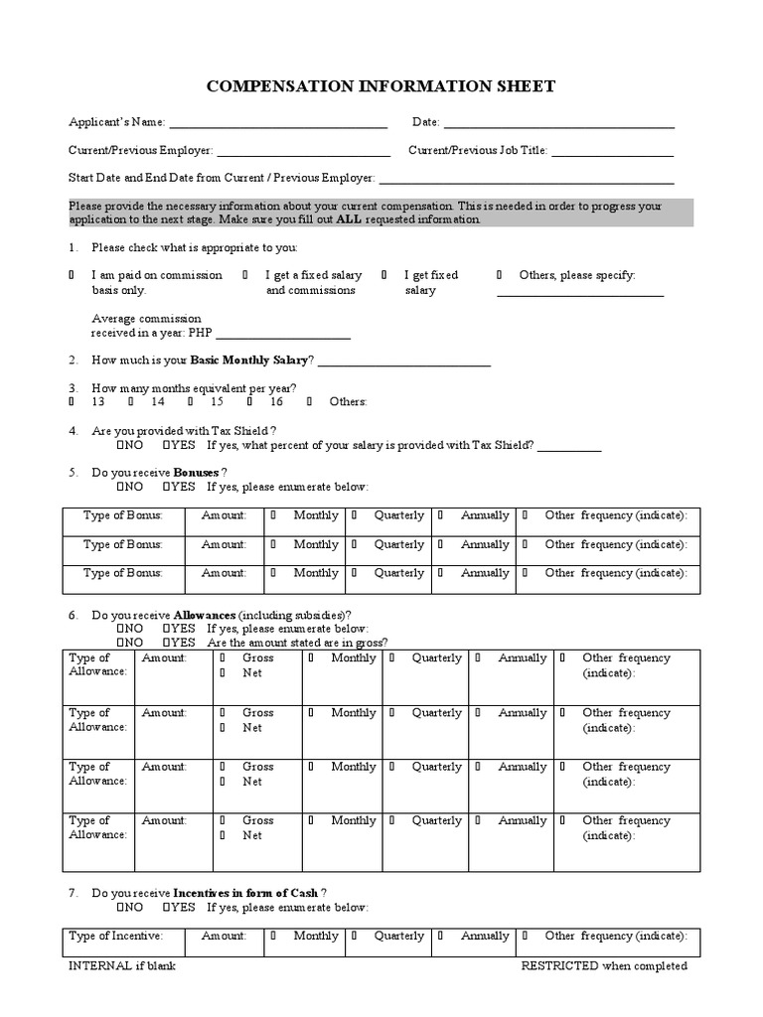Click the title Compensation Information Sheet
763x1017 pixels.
[381, 87]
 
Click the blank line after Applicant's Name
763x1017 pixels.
[278, 125]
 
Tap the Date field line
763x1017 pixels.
[558, 125]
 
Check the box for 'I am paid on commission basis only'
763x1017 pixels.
[72, 275]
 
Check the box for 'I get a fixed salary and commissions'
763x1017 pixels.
[245, 275]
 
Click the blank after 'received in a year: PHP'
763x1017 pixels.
[282, 337]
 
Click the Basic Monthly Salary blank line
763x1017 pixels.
[404, 363]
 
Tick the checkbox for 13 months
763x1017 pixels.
[72, 402]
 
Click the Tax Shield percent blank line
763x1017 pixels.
[569, 449]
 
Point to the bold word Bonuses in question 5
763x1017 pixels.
[196, 473]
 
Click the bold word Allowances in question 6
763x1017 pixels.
[207, 616]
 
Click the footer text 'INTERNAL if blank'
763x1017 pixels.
[121, 966]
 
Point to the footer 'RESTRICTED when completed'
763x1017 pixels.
[603, 966]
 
